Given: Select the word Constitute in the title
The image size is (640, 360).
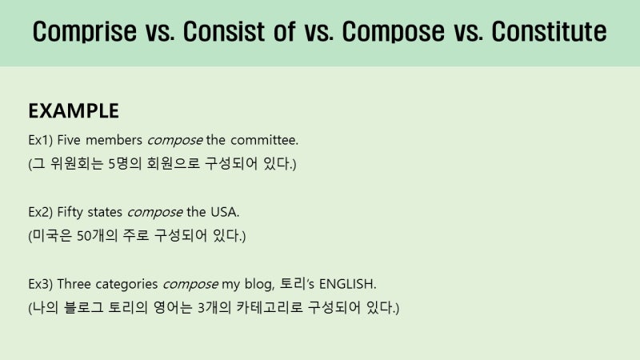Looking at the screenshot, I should [x=549, y=32].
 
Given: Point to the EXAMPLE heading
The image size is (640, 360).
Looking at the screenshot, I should [x=74, y=110].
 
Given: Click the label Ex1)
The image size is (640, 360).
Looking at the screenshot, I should [x=40, y=141].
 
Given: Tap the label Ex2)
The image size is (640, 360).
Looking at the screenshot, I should [x=40, y=213].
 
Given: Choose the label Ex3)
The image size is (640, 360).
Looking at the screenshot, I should [x=40, y=285].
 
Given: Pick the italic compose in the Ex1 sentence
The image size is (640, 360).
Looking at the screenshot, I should [x=174, y=141].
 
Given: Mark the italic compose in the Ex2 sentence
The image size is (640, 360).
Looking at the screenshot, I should [x=154, y=213].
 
